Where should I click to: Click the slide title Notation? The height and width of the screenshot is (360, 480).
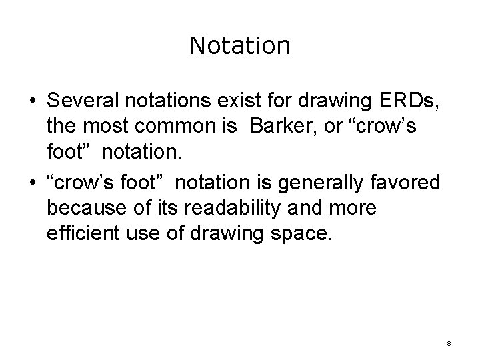pyautogui.click(x=240, y=46)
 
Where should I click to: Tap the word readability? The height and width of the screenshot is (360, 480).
pyautogui.click(x=227, y=208)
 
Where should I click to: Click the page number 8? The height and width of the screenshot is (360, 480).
pyautogui.click(x=449, y=344)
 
